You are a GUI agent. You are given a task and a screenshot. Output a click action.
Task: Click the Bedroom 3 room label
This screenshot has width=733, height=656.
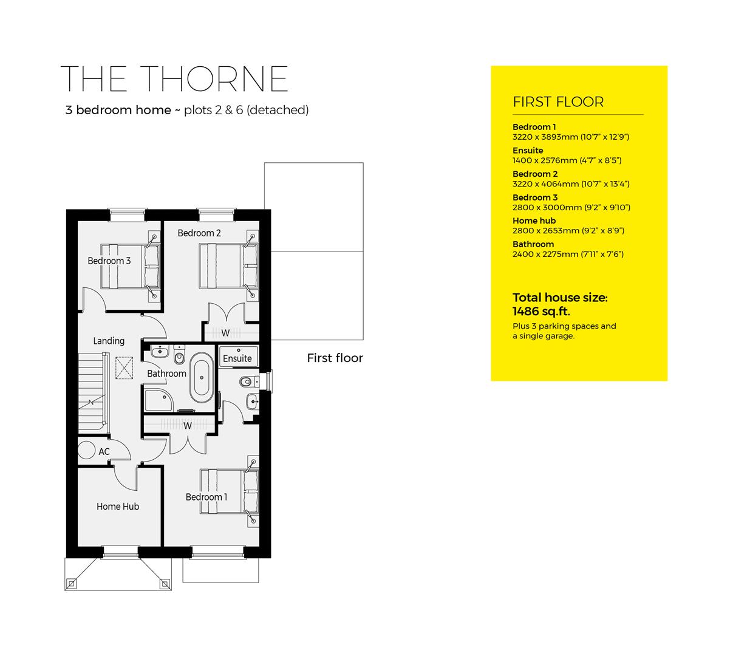click(x=109, y=261)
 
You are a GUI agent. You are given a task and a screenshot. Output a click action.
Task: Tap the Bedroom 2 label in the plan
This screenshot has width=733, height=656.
click(x=199, y=233)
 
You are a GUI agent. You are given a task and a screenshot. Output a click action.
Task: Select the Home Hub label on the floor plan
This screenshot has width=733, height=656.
click(x=118, y=507)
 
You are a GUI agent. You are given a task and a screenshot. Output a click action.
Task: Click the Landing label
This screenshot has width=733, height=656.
click(x=109, y=341)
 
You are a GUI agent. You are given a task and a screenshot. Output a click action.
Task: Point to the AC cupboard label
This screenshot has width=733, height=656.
click(x=104, y=452)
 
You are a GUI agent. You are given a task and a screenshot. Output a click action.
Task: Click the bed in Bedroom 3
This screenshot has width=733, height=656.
click(x=129, y=266)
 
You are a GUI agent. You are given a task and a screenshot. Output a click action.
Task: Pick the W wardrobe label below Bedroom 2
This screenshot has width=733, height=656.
click(x=225, y=333)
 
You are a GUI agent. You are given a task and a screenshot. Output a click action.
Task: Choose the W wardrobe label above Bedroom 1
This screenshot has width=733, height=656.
click(x=188, y=426)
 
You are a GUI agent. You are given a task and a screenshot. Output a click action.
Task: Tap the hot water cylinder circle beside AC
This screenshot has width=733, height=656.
click(x=86, y=450)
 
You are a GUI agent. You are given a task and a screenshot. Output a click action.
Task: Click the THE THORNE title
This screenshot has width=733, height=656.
click(x=175, y=78)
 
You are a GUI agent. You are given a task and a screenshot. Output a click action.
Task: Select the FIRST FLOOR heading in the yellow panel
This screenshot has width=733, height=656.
click(x=558, y=102)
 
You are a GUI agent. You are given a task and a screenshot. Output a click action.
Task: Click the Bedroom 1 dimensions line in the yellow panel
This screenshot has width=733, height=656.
click(x=571, y=137)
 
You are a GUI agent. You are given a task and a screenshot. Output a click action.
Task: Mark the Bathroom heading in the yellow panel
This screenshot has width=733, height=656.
click(x=533, y=244)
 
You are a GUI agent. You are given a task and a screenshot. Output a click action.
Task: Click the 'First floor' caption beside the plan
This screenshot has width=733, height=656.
click(x=335, y=358)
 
